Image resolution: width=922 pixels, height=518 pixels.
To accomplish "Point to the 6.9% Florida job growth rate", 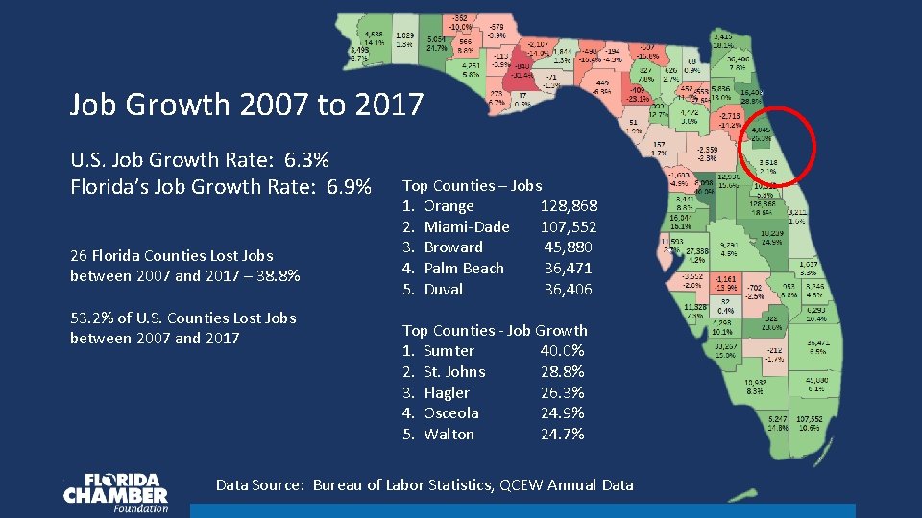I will point(349,185).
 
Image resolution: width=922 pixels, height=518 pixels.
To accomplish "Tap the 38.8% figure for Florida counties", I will point(279,276).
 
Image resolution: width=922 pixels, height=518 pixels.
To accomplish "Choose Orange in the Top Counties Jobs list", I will point(449,206).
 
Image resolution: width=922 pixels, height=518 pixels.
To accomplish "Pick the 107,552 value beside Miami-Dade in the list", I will point(569,227).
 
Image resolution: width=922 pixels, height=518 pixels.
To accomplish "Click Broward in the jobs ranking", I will point(453,247).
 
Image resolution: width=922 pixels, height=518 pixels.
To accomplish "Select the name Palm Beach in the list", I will point(463,269).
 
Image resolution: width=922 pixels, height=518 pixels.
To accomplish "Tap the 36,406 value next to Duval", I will point(569,290).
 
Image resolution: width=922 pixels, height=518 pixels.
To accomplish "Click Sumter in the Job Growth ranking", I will point(449,351).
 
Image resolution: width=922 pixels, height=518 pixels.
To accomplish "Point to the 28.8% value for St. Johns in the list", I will point(562,372).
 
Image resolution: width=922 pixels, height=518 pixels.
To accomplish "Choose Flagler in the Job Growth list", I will point(447,393).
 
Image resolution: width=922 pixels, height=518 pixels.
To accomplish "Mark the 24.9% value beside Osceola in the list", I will point(562,413).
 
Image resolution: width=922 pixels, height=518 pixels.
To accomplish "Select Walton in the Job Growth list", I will point(449,435).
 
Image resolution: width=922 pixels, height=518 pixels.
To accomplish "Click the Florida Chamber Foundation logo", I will point(115,493).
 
